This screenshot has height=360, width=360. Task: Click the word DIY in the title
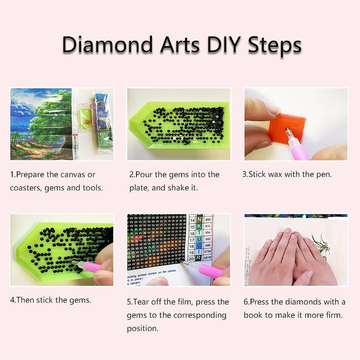[x=217, y=44]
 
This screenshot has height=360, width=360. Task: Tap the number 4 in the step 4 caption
[x=12, y=300]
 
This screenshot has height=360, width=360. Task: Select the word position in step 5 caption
[x=143, y=328]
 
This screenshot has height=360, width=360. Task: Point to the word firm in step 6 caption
[x=332, y=315]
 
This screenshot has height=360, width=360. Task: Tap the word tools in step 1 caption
[x=92, y=188]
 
